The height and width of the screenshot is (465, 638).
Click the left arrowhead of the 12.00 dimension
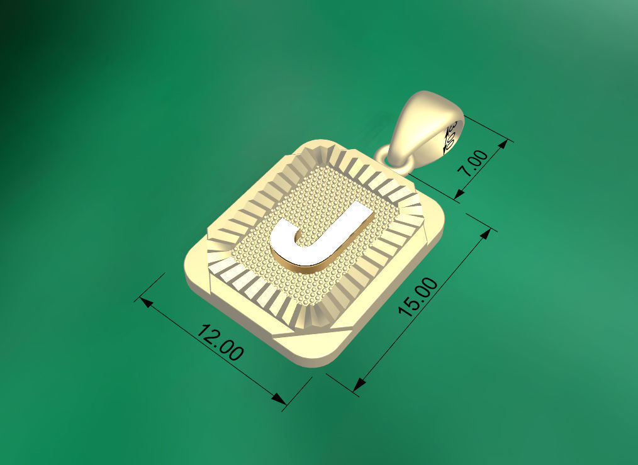coord(145,302)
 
